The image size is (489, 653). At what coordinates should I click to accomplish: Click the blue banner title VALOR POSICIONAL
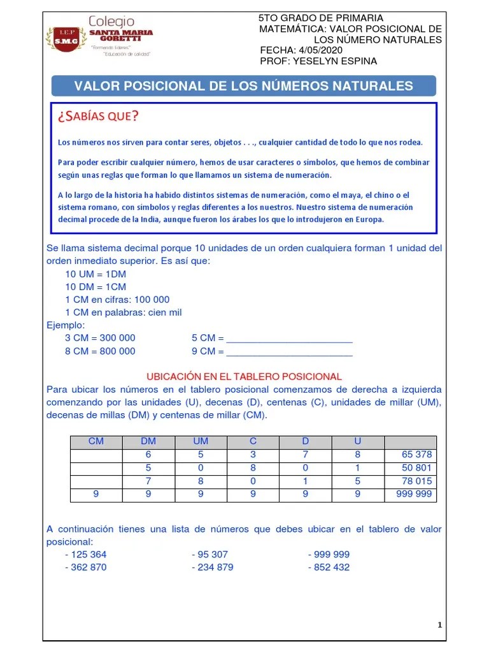(x=243, y=86)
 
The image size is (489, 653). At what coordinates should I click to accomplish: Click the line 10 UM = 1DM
(x=96, y=274)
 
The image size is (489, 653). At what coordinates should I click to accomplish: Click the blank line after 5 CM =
(x=289, y=339)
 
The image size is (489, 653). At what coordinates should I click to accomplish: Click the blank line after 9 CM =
(x=289, y=351)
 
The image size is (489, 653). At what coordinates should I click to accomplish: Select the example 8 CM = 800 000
(x=100, y=351)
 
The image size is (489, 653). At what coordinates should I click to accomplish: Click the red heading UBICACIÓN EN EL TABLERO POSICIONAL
(x=244, y=376)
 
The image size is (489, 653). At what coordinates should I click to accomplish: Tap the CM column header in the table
(x=96, y=441)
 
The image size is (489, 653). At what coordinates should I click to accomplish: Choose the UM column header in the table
(x=201, y=441)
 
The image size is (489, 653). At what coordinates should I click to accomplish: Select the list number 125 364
(x=89, y=554)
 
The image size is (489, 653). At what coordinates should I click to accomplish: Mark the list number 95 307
(x=212, y=554)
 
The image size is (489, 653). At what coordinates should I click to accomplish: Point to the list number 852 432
(x=331, y=567)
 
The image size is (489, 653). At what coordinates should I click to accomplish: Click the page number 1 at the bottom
(x=439, y=625)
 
